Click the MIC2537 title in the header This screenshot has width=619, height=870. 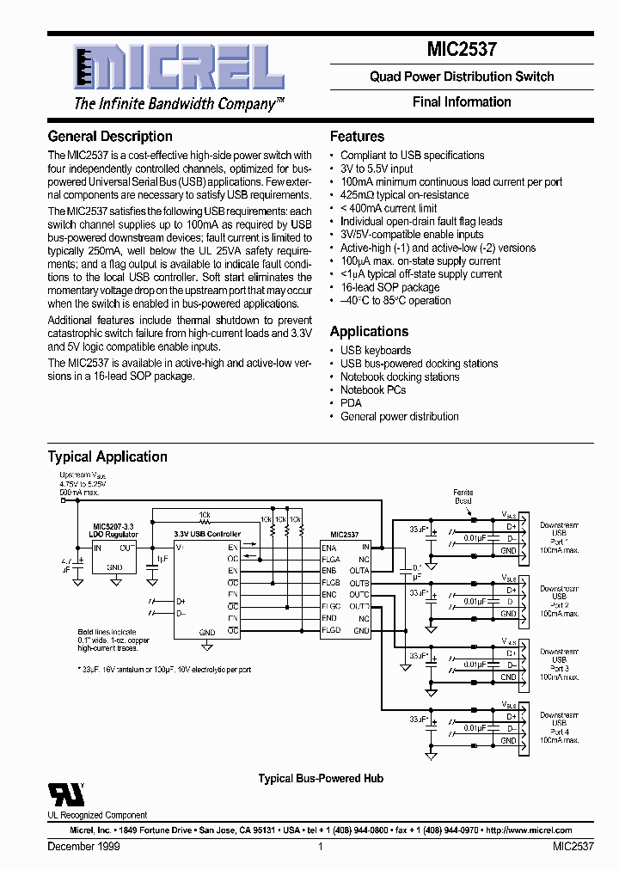pyautogui.click(x=462, y=51)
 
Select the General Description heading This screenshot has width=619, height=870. pyautogui.click(x=110, y=137)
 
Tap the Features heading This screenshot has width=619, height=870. pyautogui.click(x=357, y=137)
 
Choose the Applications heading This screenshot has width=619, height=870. pyautogui.click(x=369, y=332)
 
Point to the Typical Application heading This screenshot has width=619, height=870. pyautogui.click(x=107, y=457)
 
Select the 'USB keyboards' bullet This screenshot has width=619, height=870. pyautogui.click(x=376, y=351)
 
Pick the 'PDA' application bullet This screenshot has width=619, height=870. pyautogui.click(x=351, y=403)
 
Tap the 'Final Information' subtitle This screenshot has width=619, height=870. pyautogui.click(x=462, y=102)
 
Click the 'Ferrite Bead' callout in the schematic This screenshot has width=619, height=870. pyautogui.click(x=463, y=496)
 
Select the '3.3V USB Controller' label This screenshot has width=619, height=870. pyautogui.click(x=207, y=535)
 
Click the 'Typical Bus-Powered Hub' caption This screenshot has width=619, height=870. pyautogui.click(x=321, y=779)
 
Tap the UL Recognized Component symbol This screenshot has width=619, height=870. pyautogui.click(x=60, y=793)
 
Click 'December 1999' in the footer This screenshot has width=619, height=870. pyautogui.click(x=83, y=847)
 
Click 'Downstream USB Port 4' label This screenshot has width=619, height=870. pyautogui.click(x=559, y=726)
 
